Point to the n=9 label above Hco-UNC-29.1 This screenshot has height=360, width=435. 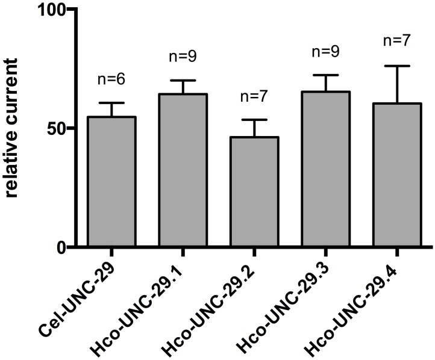pyautogui.click(x=183, y=57)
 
